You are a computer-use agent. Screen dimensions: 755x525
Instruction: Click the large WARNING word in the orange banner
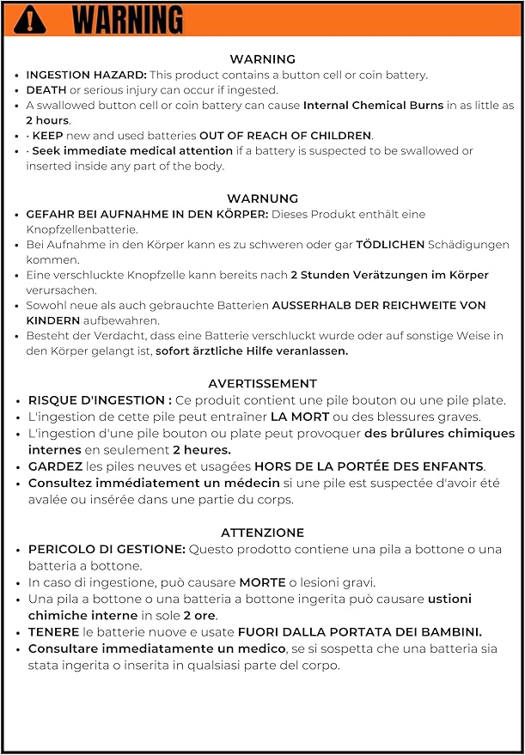coord(127,18)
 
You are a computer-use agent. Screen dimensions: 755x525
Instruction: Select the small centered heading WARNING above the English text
coord(262,59)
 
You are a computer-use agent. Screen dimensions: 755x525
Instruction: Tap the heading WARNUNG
coord(262,198)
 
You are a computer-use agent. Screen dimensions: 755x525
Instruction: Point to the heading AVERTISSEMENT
coord(262,384)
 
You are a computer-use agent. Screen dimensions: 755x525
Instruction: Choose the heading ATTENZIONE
coord(262,533)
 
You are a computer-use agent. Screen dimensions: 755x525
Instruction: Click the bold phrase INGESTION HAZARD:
coord(86,75)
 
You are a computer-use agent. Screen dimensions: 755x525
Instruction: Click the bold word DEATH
coord(46,90)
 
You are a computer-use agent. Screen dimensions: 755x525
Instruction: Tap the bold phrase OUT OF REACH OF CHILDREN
coord(285,136)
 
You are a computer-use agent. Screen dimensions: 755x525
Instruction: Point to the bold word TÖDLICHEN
coord(390,245)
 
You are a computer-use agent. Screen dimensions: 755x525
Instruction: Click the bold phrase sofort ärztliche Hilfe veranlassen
coord(252,350)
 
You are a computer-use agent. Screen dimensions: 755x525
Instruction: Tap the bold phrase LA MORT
coord(299,417)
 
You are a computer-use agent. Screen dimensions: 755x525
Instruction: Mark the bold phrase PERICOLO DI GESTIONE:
coord(107,549)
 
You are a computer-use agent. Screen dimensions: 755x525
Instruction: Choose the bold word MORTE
coord(262,582)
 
